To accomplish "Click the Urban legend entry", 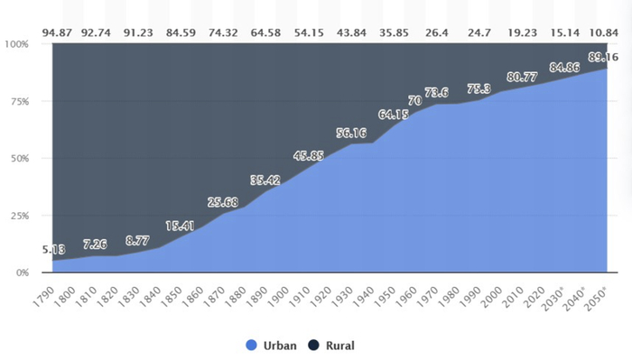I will [x=272, y=345].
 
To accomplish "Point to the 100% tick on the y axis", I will [x=17, y=43].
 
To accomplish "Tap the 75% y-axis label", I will [x=20, y=101].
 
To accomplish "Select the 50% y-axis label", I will [x=20, y=158].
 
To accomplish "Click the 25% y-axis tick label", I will [x=20, y=215].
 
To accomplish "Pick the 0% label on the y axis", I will [x=23, y=272].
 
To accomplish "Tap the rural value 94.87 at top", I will [x=60, y=34].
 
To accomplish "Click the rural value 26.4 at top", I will [x=437, y=34].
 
